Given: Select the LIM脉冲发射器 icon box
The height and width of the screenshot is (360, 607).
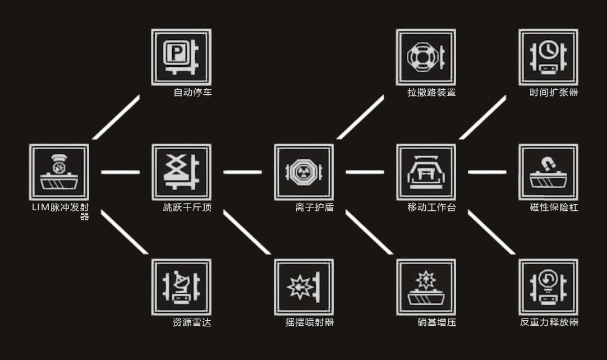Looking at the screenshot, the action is pos(59,172).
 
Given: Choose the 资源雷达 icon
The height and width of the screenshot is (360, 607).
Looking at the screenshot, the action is pos(181,287).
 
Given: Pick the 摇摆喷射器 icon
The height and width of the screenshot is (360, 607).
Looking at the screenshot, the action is pos(303,287).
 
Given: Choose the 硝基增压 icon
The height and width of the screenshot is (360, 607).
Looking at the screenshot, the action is pos(426,287).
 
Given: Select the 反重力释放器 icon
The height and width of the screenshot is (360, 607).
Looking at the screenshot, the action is pos(548,287).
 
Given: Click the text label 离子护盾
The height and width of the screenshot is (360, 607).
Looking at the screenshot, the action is pos(314,207).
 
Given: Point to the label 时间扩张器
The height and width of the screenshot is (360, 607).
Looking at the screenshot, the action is pos(554,93).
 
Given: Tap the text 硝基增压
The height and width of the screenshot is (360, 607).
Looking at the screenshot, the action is pos(436,322).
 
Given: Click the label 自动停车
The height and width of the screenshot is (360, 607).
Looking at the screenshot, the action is pos(192,93).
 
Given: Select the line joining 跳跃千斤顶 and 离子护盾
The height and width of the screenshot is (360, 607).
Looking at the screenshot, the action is pos(242,172).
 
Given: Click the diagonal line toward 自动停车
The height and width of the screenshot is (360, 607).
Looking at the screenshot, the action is pos(116,117).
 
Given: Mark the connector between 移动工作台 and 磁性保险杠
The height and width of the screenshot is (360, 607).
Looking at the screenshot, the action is pos(487,172).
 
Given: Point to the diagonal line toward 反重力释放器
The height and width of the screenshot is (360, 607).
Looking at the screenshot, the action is pos(491,232).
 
